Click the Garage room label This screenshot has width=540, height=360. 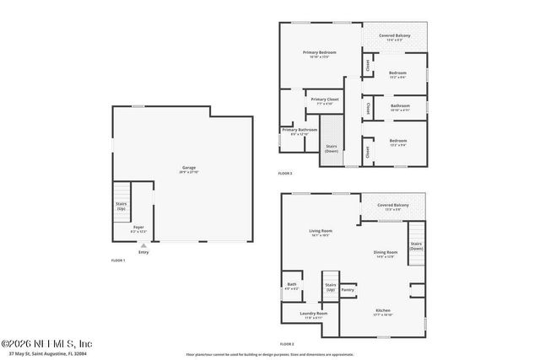(x=189, y=169)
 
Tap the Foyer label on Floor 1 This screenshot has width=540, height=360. (x=138, y=228)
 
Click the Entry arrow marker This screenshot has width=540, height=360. (x=143, y=246)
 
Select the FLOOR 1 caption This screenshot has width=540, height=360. (x=118, y=261)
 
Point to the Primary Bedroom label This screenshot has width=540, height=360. (x=320, y=54)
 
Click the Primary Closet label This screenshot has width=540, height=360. (x=324, y=100)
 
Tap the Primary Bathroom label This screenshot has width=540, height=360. (x=300, y=131)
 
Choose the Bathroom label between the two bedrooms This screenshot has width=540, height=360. (x=400, y=107)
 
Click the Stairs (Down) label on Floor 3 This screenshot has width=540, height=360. (x=332, y=149)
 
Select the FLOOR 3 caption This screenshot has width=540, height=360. (x=285, y=174)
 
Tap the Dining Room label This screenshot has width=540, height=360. (x=385, y=254)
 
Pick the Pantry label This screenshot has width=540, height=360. (x=348, y=290)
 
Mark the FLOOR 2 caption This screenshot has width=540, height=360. (x=287, y=344)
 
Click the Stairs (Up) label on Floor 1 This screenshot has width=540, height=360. (x=121, y=206)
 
